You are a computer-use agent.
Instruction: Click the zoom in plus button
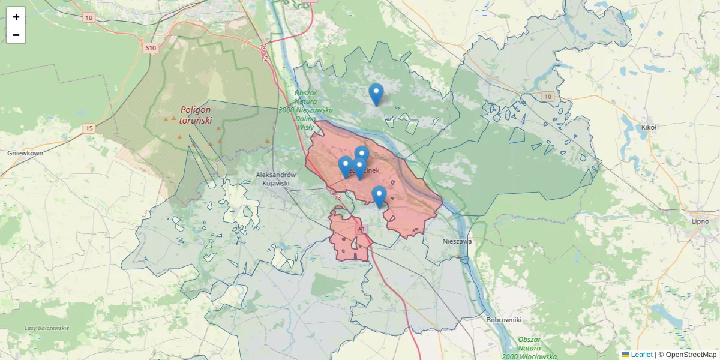tap(16, 17)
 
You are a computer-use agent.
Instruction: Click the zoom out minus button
tap(16, 35)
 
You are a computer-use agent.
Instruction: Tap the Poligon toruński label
tap(196, 115)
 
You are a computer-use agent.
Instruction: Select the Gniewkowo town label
tap(25, 153)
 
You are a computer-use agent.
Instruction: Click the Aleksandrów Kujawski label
tap(272, 178)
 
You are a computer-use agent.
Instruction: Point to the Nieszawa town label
tap(457, 241)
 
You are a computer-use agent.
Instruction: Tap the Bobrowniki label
tap(504, 320)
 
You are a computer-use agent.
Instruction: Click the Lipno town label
tap(700, 221)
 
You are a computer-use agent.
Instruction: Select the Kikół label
tap(649, 127)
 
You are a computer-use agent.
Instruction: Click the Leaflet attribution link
tap(641, 355)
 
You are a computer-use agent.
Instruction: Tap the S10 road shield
tap(150, 47)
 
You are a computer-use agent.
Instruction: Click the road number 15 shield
tap(89, 128)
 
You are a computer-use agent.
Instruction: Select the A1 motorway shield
tap(361, 229)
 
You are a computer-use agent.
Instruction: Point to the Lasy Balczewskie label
tap(47, 328)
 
